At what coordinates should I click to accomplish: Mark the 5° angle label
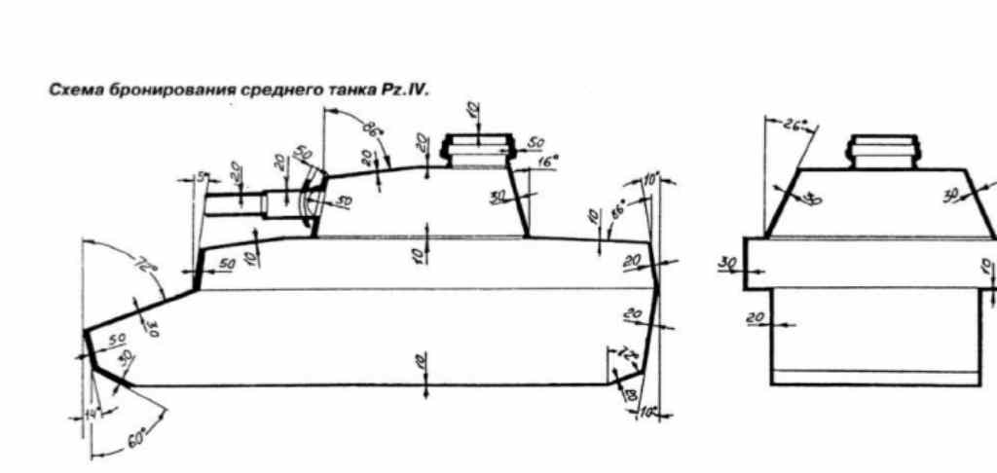(201, 178)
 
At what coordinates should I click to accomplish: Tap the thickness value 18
(629, 392)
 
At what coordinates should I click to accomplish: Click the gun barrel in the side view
(234, 203)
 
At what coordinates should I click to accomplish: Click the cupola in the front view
(882, 153)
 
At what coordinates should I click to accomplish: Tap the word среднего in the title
(276, 89)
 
